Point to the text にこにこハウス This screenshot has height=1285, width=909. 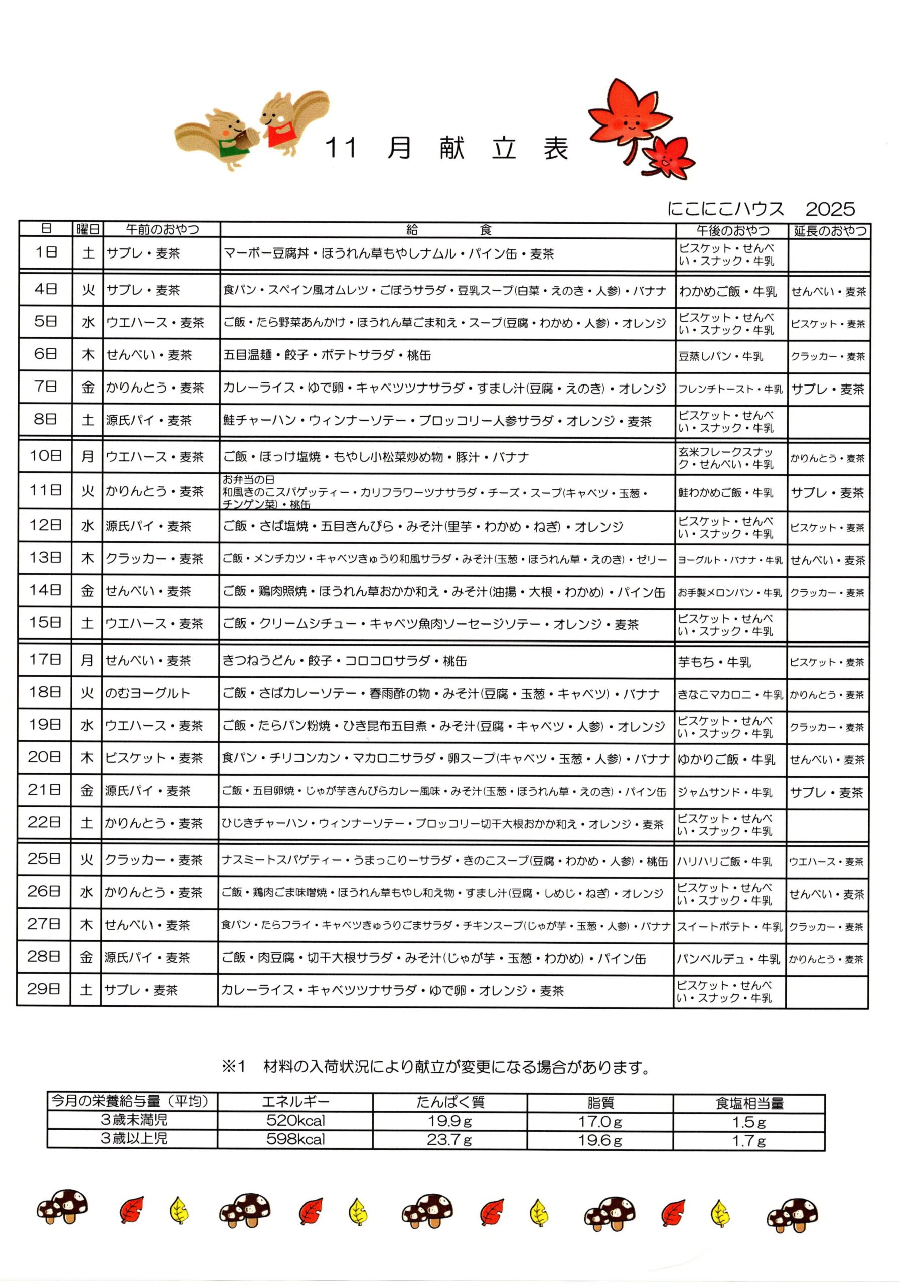[x=725, y=209]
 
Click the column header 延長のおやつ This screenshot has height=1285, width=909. [x=830, y=230]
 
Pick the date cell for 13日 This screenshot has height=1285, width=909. [x=45, y=558]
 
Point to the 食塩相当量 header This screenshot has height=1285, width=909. [x=749, y=1103]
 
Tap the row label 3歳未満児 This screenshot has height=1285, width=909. [x=134, y=1120]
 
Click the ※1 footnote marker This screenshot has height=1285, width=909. [x=234, y=1067]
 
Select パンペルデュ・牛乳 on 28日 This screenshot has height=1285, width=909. [x=728, y=959]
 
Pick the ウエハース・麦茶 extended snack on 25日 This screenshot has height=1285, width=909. [x=826, y=862]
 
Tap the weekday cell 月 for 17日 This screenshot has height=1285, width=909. [x=87, y=660]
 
